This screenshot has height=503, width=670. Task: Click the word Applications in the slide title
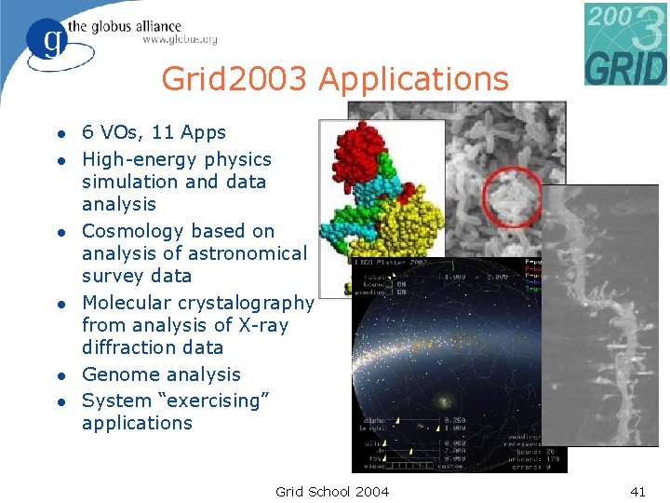click(413, 80)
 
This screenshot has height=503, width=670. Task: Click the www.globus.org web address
click(180, 40)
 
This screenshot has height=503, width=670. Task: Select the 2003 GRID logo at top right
click(625, 44)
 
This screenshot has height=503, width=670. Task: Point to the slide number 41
click(637, 491)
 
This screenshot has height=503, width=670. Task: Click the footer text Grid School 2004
click(332, 491)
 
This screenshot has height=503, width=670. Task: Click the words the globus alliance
click(136, 25)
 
